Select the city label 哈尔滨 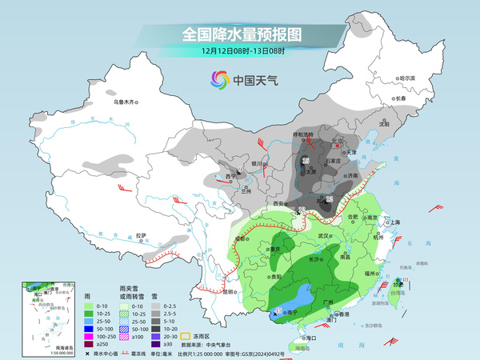(x=407, y=78)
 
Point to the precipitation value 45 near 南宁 (x=278, y=310)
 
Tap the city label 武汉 (x=324, y=235)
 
